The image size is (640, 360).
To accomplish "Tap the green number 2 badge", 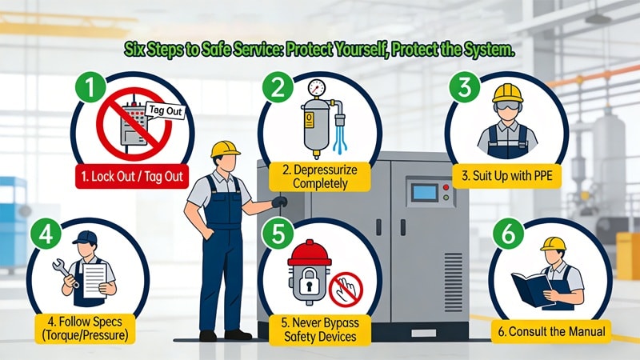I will (x=278, y=86).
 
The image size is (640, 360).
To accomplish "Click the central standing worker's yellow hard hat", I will (x=226, y=148).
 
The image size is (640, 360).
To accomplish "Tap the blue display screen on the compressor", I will (x=421, y=193).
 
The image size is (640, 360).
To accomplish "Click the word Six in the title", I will (x=135, y=50).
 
